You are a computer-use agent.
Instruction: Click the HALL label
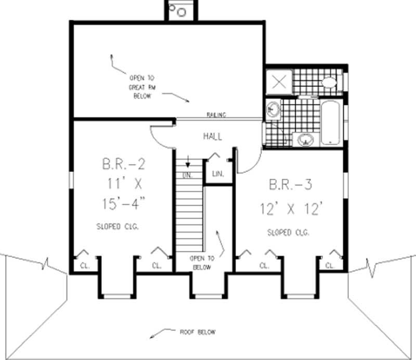point(212,137)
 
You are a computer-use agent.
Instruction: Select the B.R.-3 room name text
point(291,184)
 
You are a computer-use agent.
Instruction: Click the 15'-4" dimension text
point(123,203)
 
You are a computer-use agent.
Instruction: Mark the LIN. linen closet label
point(218,174)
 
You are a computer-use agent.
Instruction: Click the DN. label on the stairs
point(187,176)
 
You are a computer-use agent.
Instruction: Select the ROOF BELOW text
point(197,332)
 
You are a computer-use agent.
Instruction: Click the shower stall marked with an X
point(279,81)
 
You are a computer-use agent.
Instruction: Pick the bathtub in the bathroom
point(330,123)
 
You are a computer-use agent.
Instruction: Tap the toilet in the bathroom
point(329,82)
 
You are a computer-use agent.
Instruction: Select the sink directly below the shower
point(273,109)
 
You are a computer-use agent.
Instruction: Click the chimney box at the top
point(180,10)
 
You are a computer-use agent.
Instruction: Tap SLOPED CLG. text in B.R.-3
point(288,233)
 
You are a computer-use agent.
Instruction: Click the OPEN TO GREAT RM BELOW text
point(140,87)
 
